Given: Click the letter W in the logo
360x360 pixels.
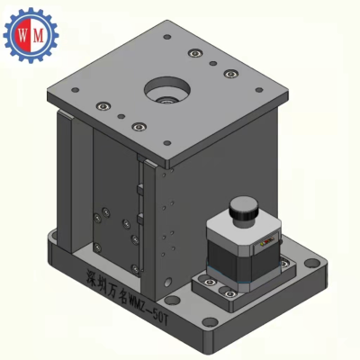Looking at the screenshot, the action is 22,36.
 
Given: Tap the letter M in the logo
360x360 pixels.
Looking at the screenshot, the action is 39,36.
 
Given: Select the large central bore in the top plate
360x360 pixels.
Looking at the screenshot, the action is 167,89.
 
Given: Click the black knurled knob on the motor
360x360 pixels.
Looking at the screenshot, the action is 244,208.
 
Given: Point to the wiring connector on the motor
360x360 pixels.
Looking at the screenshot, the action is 268,242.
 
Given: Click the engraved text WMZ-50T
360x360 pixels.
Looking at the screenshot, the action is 148,309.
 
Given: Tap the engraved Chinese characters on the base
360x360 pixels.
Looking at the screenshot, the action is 105,283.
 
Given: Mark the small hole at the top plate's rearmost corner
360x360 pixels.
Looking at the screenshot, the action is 167,37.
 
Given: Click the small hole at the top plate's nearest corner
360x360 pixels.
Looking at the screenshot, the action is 167,143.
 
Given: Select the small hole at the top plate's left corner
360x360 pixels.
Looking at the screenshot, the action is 76,90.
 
